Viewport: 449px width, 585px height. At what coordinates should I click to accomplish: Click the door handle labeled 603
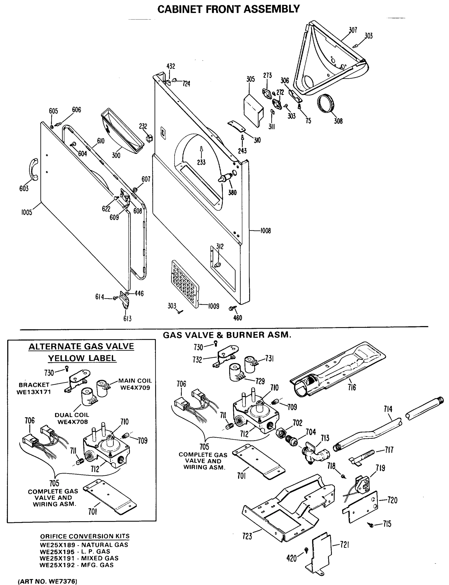tap(34, 169)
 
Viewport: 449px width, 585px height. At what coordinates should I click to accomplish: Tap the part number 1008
tap(265, 231)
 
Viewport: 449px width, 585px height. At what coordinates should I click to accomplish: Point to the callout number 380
tap(232, 192)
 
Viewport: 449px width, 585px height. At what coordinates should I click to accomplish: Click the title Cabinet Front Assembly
tap(228, 9)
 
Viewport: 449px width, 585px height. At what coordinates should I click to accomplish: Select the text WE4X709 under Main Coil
tap(135, 388)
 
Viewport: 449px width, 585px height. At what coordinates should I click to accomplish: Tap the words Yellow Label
tap(82, 358)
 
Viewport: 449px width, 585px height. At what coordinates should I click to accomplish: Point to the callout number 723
tap(247, 536)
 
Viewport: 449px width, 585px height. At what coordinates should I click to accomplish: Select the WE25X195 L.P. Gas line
tap(75, 551)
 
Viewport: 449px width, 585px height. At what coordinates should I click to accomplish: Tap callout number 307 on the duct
tap(353, 30)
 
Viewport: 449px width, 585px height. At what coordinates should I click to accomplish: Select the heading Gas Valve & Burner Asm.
tap(227, 335)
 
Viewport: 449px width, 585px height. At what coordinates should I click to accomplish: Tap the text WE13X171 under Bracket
tap(34, 392)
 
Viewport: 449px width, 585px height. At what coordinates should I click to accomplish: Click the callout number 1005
tap(27, 213)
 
